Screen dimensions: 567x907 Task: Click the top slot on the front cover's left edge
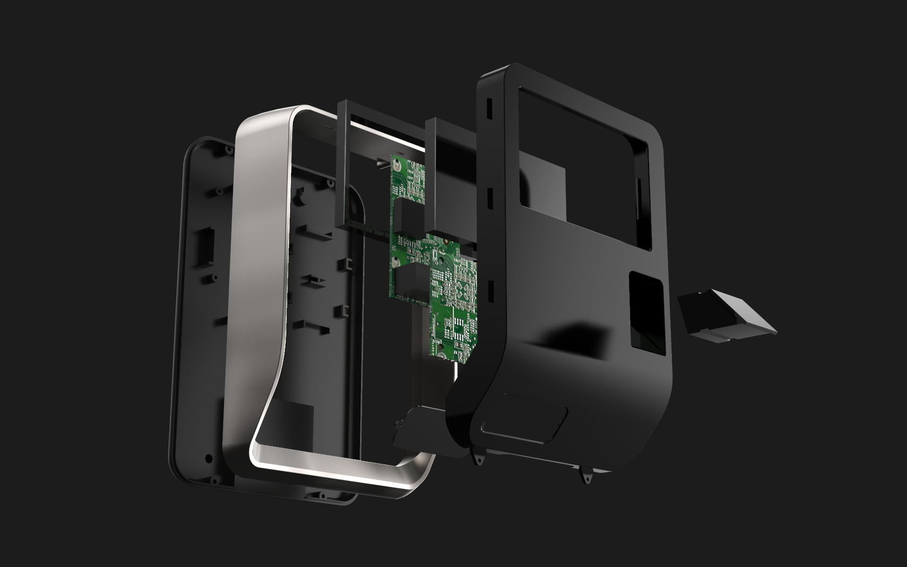pos(489,108)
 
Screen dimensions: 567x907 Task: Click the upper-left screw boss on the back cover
pos(229,149)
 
